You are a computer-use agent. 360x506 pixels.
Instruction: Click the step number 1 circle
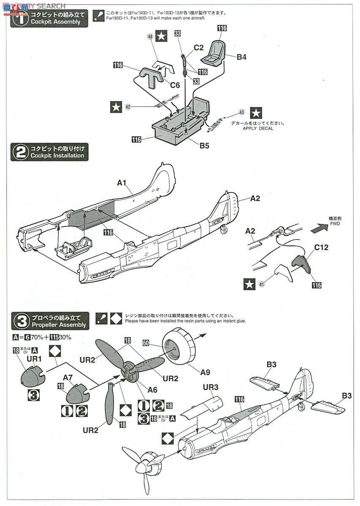pyautogui.click(x=19, y=19)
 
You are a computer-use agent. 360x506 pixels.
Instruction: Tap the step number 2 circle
pyautogui.click(x=19, y=152)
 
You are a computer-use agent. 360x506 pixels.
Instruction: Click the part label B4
pyautogui.click(x=241, y=57)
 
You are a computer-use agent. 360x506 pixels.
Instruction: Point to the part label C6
pyautogui.click(x=175, y=85)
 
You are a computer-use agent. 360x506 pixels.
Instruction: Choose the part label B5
pyautogui.click(x=204, y=146)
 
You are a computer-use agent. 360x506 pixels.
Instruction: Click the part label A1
pyautogui.click(x=122, y=183)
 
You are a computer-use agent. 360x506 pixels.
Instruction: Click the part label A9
pyautogui.click(x=205, y=372)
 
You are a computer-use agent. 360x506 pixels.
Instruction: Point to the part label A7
pyautogui.click(x=68, y=377)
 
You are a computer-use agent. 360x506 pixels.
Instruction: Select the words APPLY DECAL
pyautogui.click(x=258, y=128)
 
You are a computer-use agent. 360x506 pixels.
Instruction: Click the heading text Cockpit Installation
pyautogui.click(x=57, y=156)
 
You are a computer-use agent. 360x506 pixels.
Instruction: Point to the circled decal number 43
pyautogui.click(x=241, y=112)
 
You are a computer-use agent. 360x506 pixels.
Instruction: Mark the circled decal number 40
pyautogui.click(x=150, y=37)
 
